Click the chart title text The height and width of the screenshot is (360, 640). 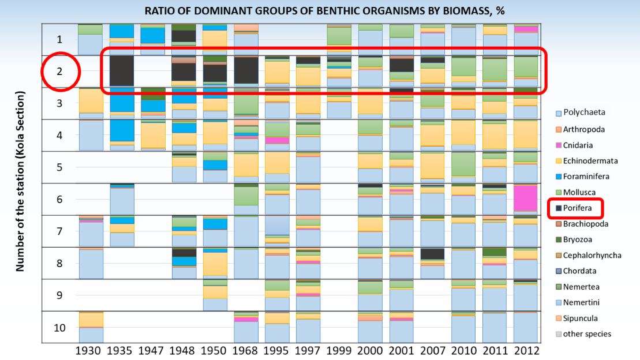pos(319,10)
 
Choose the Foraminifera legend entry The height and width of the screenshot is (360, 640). pos(585,177)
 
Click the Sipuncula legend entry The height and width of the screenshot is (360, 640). pos(581,318)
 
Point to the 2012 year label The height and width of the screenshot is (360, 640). pos(526,350)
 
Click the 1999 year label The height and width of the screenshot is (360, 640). pos(339,350)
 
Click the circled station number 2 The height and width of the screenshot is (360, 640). pos(60,72)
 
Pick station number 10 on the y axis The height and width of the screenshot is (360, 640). pos(60,328)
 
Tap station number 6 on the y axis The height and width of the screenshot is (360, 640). pos(60,200)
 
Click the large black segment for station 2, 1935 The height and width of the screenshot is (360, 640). pos(122,71)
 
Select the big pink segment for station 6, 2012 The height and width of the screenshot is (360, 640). pos(526,198)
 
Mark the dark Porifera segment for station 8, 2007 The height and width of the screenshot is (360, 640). pos(432,254)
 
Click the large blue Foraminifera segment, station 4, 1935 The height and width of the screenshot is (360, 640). pos(122,130)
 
